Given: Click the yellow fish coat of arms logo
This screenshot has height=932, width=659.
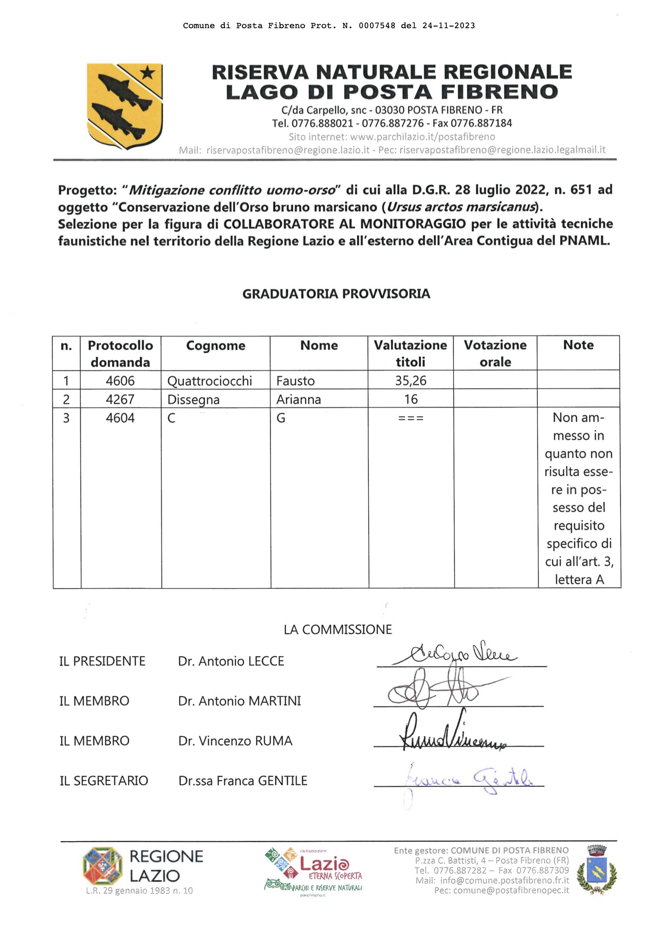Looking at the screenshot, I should [124, 105].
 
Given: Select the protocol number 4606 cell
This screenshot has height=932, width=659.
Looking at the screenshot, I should [120, 381].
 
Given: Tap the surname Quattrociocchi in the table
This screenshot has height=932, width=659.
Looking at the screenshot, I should [209, 381].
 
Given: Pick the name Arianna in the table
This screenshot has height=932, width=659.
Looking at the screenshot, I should [298, 399].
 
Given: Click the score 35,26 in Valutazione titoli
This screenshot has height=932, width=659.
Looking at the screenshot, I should [410, 381].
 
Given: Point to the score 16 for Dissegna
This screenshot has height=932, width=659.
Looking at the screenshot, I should [410, 399].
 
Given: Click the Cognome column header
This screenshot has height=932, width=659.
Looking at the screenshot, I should [215, 346].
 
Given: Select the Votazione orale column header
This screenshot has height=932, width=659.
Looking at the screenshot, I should [495, 353].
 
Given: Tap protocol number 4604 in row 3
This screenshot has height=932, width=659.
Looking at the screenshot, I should [120, 418].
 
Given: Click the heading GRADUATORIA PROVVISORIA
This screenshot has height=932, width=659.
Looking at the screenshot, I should [336, 294].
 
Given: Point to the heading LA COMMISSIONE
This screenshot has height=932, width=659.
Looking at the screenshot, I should [337, 629].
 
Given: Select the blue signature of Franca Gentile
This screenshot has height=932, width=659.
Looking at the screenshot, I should [468, 779].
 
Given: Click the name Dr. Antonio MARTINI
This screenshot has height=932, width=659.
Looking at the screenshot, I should [239, 701].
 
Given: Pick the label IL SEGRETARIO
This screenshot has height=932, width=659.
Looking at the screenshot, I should [104, 781].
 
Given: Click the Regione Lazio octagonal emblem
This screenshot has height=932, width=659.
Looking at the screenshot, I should [103, 866].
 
